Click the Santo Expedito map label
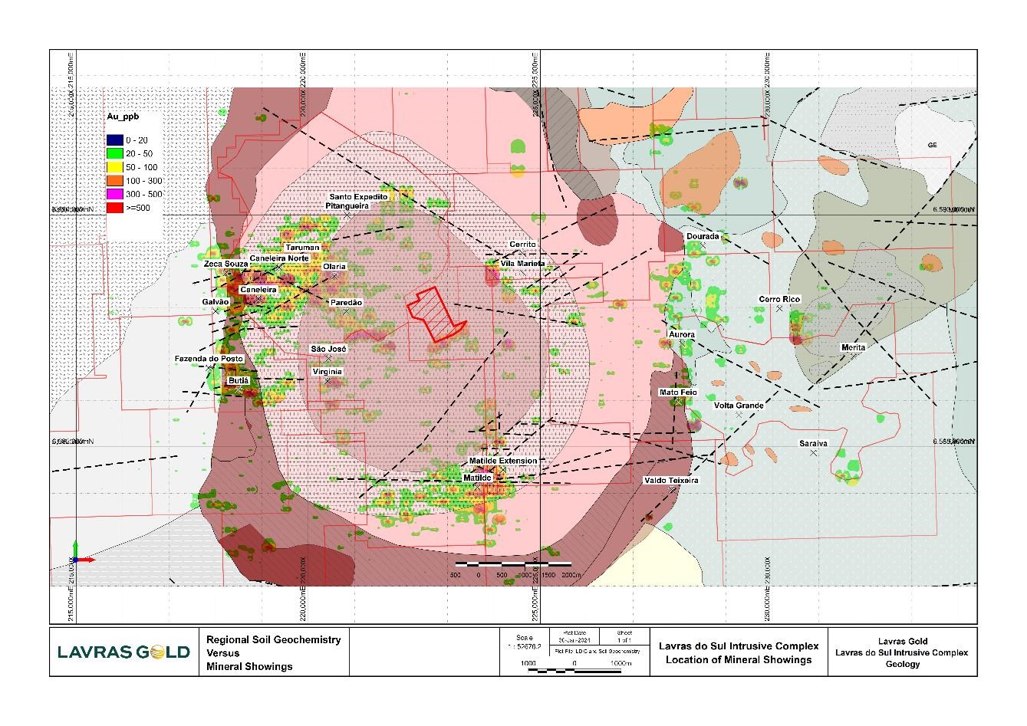click(358, 197)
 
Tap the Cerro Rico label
click(779, 299)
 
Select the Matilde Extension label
click(503, 461)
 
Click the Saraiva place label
click(813, 443)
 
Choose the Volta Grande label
click(739, 405)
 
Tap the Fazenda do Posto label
click(209, 359)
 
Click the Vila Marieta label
click(522, 263)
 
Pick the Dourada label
click(703, 236)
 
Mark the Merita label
click(853, 347)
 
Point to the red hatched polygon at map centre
click(434, 314)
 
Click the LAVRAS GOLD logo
click(123, 652)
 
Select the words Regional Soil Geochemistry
click(273, 639)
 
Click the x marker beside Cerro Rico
click(779, 308)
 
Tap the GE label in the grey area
click(933, 145)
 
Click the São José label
click(328, 349)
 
